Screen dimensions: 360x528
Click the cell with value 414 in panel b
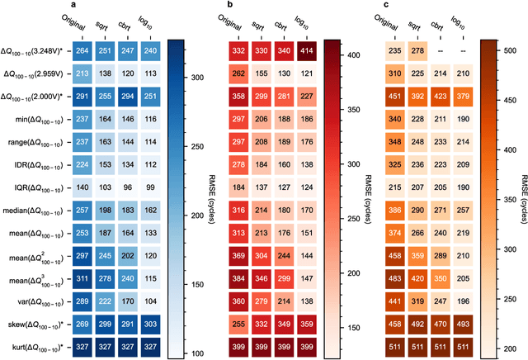307,51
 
